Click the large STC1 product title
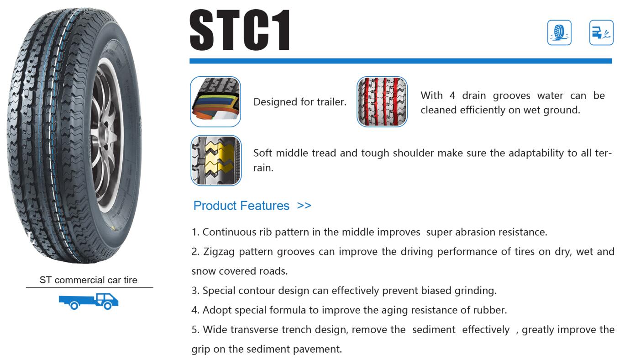pos(240,30)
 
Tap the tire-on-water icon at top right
pos(559,33)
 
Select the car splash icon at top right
pos(601,33)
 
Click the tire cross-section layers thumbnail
pos(215,101)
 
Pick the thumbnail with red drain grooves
pos(382,101)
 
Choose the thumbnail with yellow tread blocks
pos(216,160)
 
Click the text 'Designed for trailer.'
pos(300,102)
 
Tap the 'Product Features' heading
pos(242,206)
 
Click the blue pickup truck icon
pos(89,301)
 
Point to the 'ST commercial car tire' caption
pos(89,280)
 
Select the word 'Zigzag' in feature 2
pos(219,252)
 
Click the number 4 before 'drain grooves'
pos(452,95)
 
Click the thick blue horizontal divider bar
pos(400,61)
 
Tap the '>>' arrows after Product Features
pos(304,206)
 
